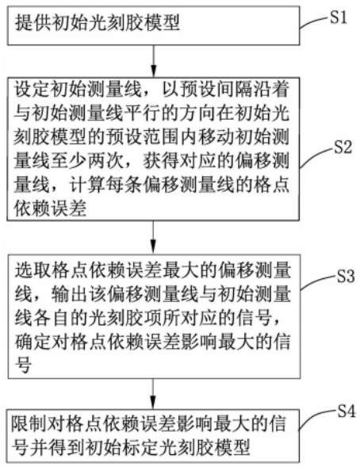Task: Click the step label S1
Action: point(339,18)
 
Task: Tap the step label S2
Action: point(343,147)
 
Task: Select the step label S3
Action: point(346,277)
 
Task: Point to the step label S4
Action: point(346,412)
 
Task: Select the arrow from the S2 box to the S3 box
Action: point(153,237)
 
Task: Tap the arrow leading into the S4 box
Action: point(153,394)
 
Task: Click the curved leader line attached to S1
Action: point(314,22)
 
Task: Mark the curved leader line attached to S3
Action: point(317,281)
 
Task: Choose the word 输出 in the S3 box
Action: point(69,294)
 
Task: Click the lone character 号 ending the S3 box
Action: point(23,366)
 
